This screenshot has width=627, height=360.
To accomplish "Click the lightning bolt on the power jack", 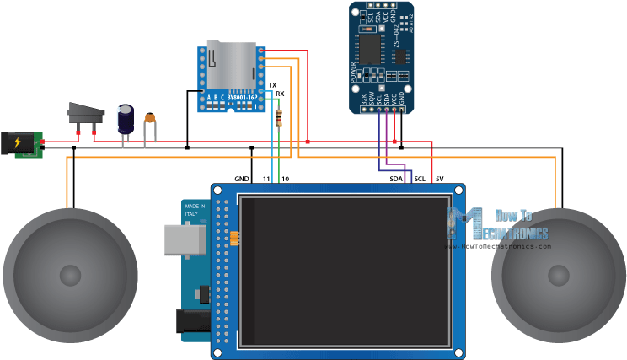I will (x=18, y=143).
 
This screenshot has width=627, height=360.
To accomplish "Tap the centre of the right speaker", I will (x=558, y=275).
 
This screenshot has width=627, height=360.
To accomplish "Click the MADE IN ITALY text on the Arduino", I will (x=196, y=209).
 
